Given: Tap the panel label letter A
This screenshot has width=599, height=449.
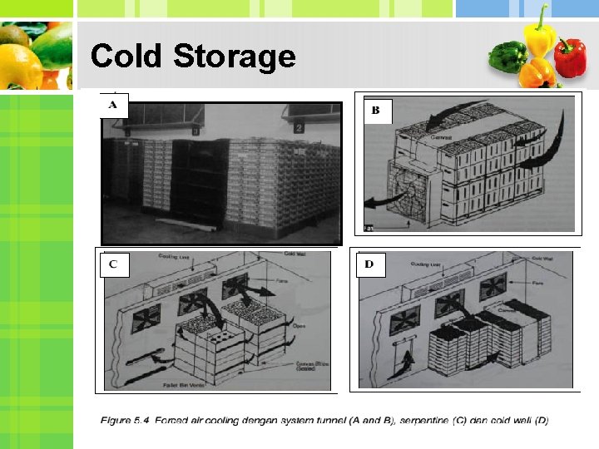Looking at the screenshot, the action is (115, 106).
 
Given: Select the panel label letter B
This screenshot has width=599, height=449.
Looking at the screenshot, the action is (375, 111).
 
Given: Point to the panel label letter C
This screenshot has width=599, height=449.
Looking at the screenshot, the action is (113, 264).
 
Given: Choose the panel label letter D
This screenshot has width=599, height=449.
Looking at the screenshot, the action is (369, 264).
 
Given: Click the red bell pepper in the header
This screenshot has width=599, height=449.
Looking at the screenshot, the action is (571, 57).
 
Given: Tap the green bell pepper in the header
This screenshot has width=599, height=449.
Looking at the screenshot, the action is (508, 57).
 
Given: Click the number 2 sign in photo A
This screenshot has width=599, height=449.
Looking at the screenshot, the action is (298, 127).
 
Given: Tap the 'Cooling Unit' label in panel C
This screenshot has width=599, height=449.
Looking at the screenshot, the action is (174, 258).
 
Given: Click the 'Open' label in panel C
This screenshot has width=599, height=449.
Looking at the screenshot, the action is (299, 327).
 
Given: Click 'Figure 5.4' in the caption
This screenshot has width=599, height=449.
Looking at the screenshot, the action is (128, 420).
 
